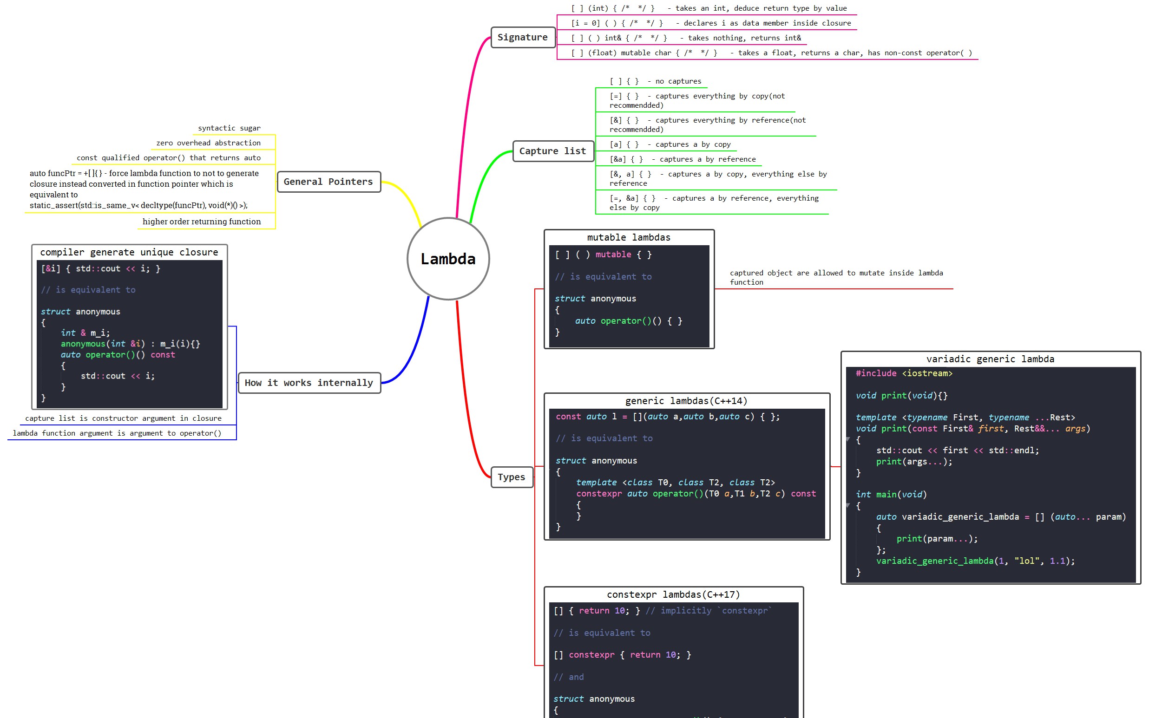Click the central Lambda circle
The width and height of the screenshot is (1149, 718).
(448, 259)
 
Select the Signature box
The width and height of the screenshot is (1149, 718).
(523, 37)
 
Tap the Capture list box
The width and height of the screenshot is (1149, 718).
(553, 151)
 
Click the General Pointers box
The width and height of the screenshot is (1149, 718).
(328, 182)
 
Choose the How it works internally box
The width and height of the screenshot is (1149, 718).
(309, 383)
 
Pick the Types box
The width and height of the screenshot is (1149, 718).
(512, 477)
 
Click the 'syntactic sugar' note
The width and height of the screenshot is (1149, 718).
(229, 128)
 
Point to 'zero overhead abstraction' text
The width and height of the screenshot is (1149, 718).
(209, 143)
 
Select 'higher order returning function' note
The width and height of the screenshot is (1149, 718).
(202, 222)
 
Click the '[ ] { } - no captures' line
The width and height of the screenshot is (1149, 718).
(656, 81)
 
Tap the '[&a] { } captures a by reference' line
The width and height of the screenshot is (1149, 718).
(683, 159)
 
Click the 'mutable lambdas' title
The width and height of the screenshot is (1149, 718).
(629, 237)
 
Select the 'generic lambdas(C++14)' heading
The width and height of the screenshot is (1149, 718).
(686, 401)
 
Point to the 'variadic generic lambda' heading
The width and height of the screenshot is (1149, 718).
(990, 359)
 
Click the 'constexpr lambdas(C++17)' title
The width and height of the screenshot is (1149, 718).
(673, 594)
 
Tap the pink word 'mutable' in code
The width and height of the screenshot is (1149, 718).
(613, 255)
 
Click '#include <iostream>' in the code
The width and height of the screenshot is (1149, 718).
(904, 373)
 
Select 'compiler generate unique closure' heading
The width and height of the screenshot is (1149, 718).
(129, 252)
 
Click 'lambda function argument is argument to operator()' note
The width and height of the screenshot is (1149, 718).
(117, 433)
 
